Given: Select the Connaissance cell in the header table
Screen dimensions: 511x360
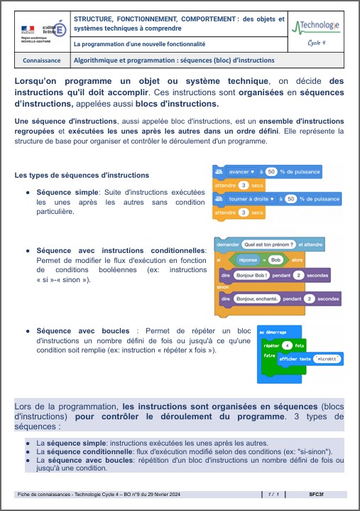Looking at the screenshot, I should (41, 60).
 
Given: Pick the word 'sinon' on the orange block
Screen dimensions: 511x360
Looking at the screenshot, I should (223, 287).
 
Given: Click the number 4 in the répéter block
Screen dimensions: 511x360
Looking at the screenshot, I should (286, 345).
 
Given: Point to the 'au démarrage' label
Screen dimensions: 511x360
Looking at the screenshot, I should (271, 332).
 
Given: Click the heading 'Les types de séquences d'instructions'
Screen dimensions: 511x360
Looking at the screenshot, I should (82, 175).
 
